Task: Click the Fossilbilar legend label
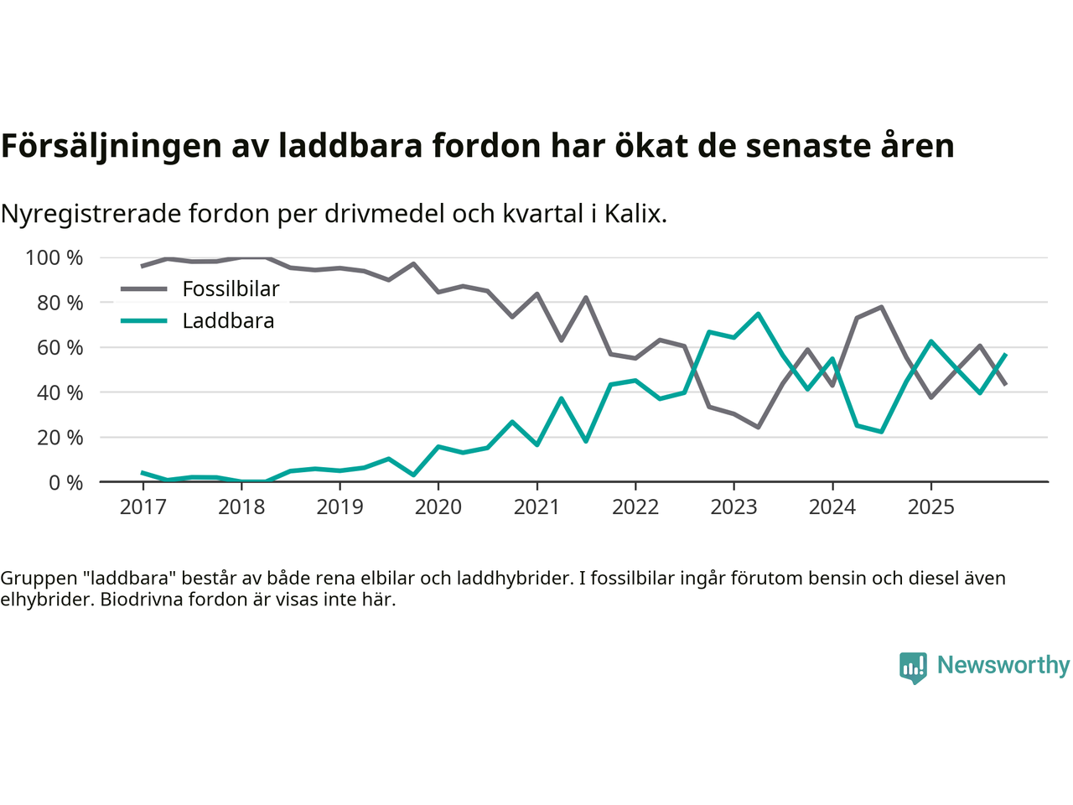(231, 289)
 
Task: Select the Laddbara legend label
(228, 321)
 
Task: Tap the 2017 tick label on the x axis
(143, 507)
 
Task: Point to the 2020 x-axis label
(438, 507)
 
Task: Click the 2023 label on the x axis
(733, 507)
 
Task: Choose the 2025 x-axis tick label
(930, 507)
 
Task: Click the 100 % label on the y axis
(54, 258)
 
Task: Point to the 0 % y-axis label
(65, 482)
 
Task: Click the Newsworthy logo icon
(913, 667)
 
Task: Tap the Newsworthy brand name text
(1003, 665)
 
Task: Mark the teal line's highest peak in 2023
(758, 314)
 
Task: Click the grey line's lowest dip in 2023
(758, 428)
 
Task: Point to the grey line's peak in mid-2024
(881, 307)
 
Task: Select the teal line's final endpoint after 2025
(1005, 355)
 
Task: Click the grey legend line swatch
(143, 289)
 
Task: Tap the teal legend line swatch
(143, 321)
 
